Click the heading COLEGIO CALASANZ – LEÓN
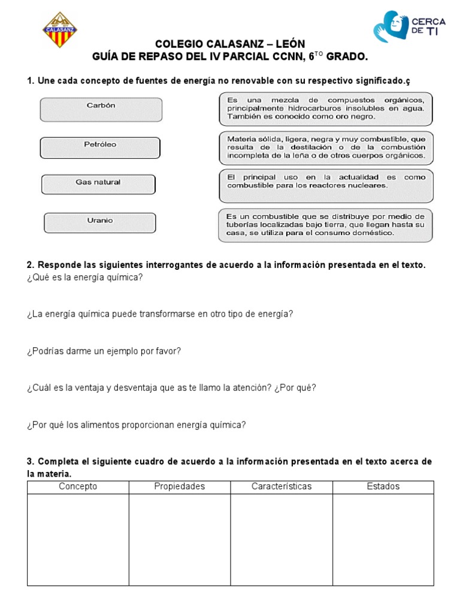pyautogui.click(x=230, y=44)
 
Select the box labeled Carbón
pyautogui.click(x=101, y=109)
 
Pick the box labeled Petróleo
pyautogui.click(x=100, y=148)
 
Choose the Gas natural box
pyautogui.click(x=98, y=185)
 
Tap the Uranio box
pyautogui.click(x=99, y=222)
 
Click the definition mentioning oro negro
pyautogui.click(x=326, y=109)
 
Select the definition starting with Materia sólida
pyautogui.click(x=326, y=148)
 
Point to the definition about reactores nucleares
pyautogui.click(x=326, y=185)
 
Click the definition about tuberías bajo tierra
pyautogui.click(x=326, y=225)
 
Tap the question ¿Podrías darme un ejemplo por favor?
pyautogui.click(x=104, y=351)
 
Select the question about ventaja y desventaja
pyautogui.click(x=171, y=388)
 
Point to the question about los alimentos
pyautogui.click(x=136, y=425)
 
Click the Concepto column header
pyautogui.click(x=78, y=487)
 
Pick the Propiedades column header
pyautogui.click(x=180, y=487)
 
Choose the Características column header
pyautogui.click(x=282, y=487)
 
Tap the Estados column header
pyautogui.click(x=383, y=487)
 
